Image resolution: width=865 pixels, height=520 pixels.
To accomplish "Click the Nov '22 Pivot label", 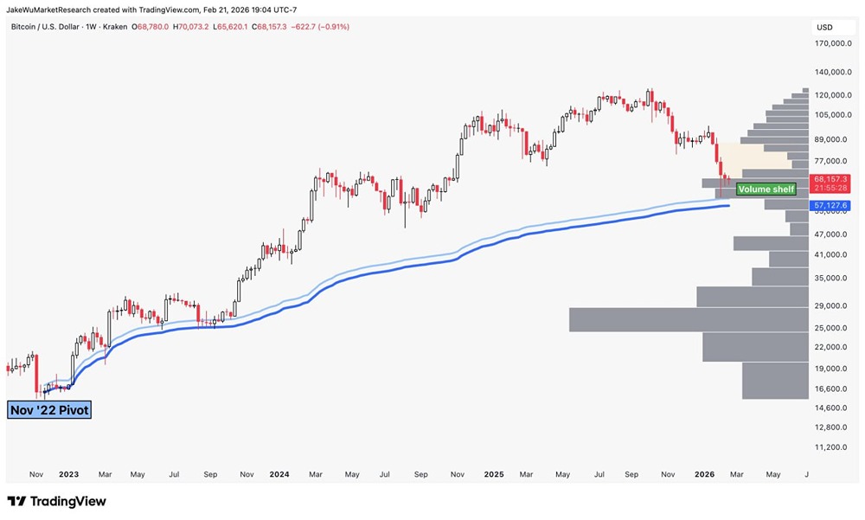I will coord(49,410).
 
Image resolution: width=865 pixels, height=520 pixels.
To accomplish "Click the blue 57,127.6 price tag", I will coord(828,205).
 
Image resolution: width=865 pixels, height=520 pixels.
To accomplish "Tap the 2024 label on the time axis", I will coord(279,474).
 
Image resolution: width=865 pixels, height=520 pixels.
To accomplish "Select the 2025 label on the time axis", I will coord(495,474).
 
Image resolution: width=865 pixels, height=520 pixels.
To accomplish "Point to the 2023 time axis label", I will coord(68,474).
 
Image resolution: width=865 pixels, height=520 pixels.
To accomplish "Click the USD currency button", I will coord(824,28).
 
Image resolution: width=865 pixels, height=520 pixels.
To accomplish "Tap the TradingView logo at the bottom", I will coord(56,501).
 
